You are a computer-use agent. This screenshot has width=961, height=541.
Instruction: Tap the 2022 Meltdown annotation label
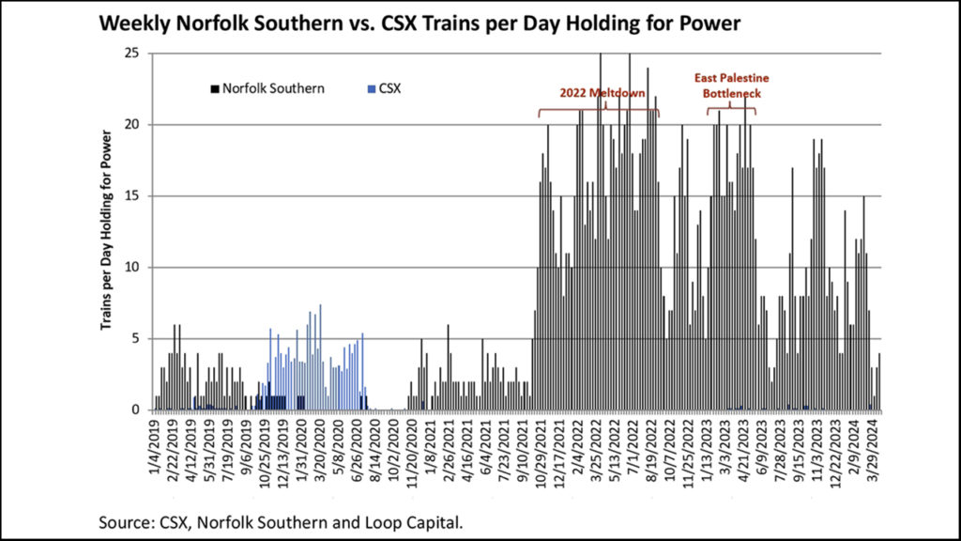point(602,93)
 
